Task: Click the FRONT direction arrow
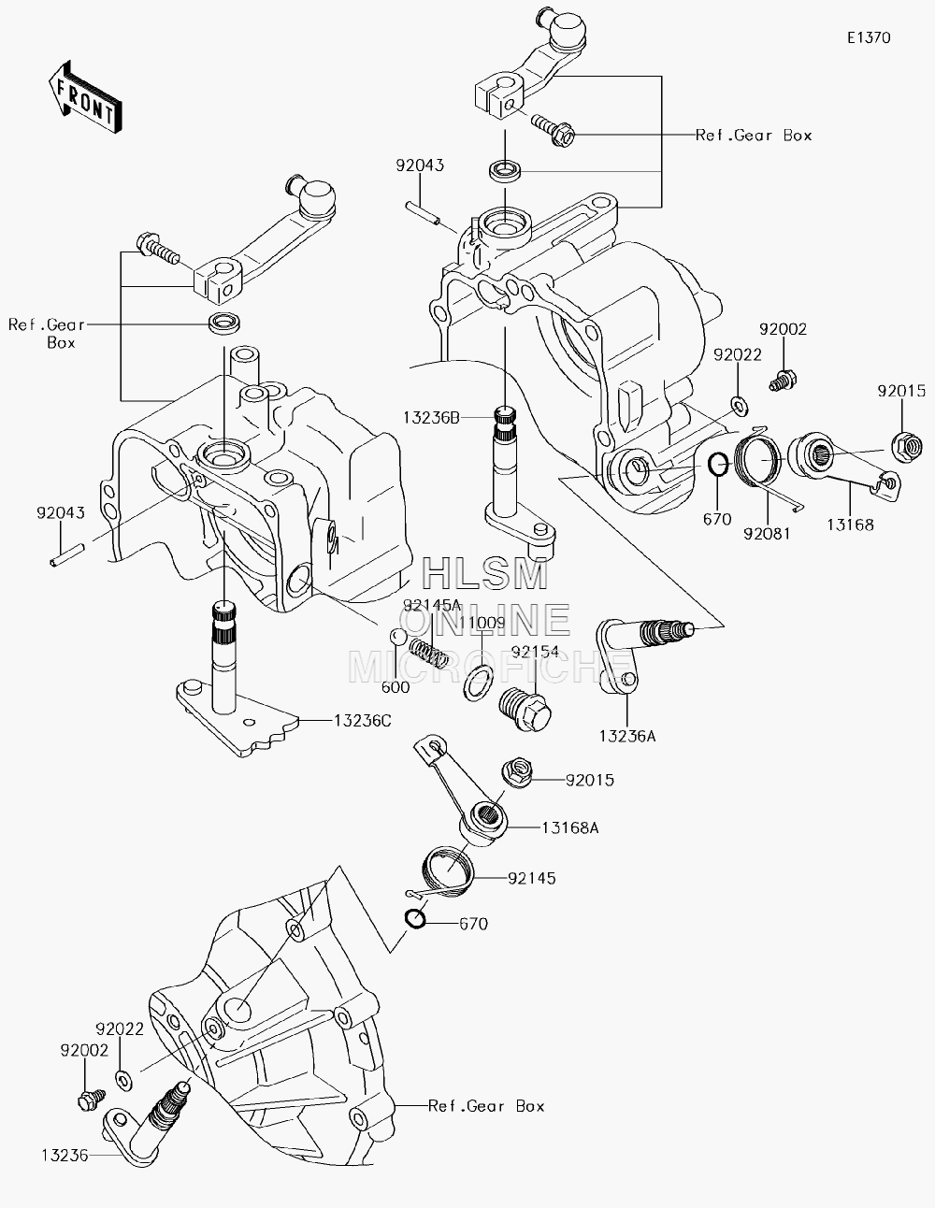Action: (x=84, y=98)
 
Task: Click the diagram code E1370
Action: (x=869, y=37)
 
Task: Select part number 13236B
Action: (x=431, y=418)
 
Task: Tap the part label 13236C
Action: (x=363, y=721)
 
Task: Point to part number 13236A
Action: (x=627, y=736)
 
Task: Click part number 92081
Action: (x=767, y=534)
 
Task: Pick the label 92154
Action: (x=534, y=652)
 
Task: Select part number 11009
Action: (x=482, y=623)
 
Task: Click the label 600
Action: (x=396, y=687)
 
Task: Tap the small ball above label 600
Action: (x=397, y=637)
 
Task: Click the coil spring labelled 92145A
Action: (x=429, y=652)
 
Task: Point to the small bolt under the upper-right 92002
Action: (x=783, y=381)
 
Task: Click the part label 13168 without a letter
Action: (x=850, y=525)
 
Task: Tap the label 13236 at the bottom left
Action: (x=65, y=1156)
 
